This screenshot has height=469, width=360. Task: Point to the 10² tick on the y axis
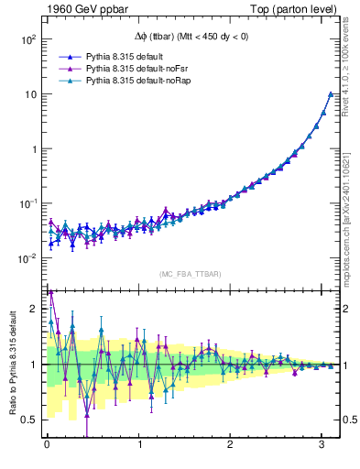[27, 40]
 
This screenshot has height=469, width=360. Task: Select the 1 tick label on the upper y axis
[34, 148]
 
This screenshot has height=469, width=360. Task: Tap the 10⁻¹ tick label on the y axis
[27, 202]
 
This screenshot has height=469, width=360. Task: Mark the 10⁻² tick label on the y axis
[27, 257]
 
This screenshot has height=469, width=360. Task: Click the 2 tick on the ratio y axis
[34, 309]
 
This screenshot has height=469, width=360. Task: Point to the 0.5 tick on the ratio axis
[29, 420]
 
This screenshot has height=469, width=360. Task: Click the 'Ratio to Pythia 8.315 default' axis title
[12, 367]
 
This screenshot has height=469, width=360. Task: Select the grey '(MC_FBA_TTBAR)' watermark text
[191, 274]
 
